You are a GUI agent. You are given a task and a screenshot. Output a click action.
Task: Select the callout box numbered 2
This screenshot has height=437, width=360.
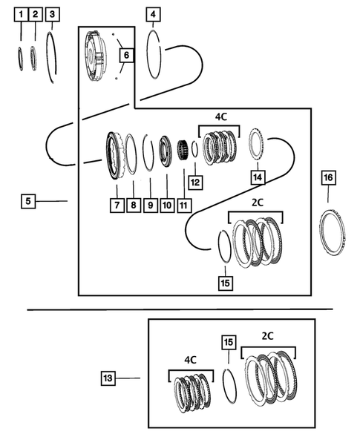coord(35,14)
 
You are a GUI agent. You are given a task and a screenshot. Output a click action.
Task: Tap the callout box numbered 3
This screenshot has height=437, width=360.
coord(51,14)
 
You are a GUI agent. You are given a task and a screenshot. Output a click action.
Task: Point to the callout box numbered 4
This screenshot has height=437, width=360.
coord(153,14)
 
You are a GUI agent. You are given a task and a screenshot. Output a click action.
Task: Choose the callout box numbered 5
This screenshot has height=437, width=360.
coord(28,200)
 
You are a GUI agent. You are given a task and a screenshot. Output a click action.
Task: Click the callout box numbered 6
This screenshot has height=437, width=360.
coord(125,55)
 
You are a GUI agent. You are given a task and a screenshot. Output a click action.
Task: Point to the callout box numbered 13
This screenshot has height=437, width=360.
coord(108,378)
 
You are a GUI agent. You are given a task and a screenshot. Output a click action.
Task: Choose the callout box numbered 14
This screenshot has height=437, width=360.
coord(258,177)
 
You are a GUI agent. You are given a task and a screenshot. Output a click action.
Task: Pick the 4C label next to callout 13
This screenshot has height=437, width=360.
coord(190,360)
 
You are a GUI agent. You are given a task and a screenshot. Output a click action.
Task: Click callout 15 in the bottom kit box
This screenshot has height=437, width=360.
coord(229,342)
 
